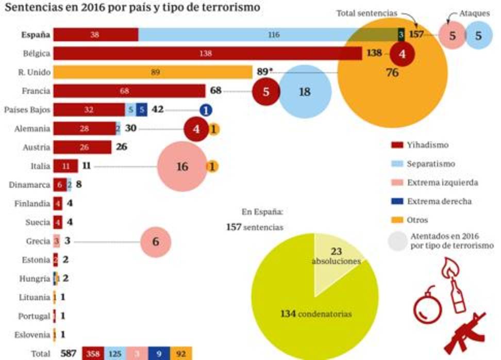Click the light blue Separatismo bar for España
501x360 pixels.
pyautogui.click(x=268, y=35)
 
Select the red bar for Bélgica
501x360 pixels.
pyautogui.click(x=206, y=54)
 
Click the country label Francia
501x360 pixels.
pyautogui.click(x=36, y=91)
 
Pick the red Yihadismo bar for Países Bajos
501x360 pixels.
pyautogui.click(x=89, y=110)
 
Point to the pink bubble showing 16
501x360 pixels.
pyautogui.click(x=181, y=167)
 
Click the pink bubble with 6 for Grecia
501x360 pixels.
pyautogui.click(x=155, y=241)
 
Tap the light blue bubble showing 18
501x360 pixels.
pyautogui.click(x=305, y=92)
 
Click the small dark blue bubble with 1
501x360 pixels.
pyautogui.click(x=206, y=110)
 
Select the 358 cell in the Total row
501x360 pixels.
pyautogui.click(x=93, y=354)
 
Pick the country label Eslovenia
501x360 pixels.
pyautogui.click(x=32, y=334)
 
